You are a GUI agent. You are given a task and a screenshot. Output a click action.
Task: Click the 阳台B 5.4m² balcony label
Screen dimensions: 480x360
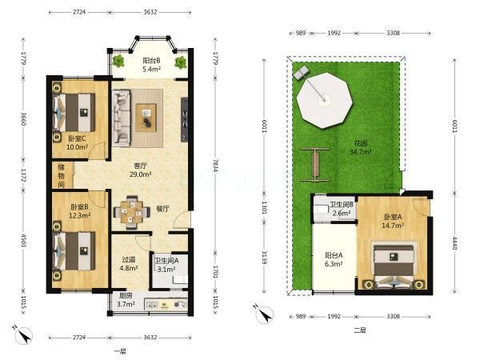pos(151,65)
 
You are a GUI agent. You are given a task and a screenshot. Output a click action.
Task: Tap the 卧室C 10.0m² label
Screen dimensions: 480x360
pos(77,142)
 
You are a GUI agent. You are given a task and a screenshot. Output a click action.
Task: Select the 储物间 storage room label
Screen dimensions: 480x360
pos(62,176)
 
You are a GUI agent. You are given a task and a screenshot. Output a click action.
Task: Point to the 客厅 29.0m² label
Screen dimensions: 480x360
pos(141,170)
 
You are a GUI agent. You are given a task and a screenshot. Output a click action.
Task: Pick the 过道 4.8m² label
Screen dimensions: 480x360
pos(129,264)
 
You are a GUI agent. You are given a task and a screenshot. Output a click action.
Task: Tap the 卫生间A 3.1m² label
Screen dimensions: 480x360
pos(166,265)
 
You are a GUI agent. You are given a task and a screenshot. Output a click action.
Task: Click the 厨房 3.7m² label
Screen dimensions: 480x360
pos(126,300)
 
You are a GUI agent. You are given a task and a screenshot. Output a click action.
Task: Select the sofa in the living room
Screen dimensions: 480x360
pos(122,118)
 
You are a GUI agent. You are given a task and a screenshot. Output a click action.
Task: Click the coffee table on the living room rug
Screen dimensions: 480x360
pos(146,118)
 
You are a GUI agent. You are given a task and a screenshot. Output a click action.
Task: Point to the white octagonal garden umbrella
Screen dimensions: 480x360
pos(325,100)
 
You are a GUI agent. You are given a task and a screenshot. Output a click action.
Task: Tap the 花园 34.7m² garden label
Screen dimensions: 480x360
pos(361,147)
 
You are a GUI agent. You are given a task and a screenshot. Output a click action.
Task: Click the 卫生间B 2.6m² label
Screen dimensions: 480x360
pos(342,209)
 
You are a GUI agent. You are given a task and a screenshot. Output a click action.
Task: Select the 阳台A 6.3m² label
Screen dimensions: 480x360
pos(334,259)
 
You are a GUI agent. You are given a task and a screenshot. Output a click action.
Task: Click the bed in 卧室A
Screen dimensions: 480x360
pos(394,265)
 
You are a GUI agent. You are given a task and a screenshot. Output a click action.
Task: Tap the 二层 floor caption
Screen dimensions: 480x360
pos(360,330)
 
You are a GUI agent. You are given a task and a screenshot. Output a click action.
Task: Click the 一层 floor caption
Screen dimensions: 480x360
pos(120,351)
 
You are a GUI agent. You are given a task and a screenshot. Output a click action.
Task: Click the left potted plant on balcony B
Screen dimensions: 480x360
pos(118,61)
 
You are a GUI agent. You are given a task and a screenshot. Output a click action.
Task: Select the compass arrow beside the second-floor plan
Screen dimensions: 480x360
pos(265,314)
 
